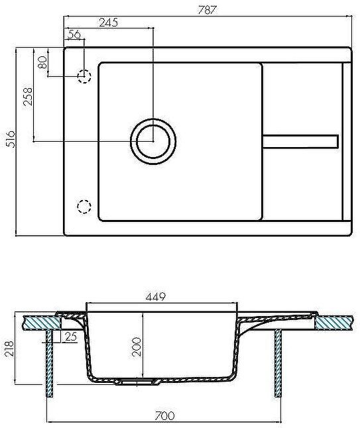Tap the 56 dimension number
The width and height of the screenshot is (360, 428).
point(74,35)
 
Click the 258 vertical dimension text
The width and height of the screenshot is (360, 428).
point(27,99)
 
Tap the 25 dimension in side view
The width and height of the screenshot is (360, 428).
point(72,337)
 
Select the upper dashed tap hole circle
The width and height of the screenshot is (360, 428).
point(84,77)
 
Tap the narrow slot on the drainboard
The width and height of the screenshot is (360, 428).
point(300,141)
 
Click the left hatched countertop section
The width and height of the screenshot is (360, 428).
point(40,323)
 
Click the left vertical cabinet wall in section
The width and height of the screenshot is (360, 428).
point(50,364)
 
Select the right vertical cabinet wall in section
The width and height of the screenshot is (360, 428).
point(280,364)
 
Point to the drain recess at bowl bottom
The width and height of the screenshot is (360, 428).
point(140,382)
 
